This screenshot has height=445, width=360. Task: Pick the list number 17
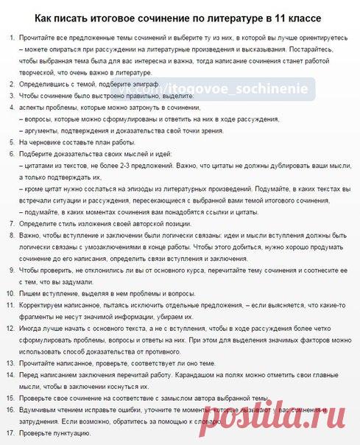[10, 433]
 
